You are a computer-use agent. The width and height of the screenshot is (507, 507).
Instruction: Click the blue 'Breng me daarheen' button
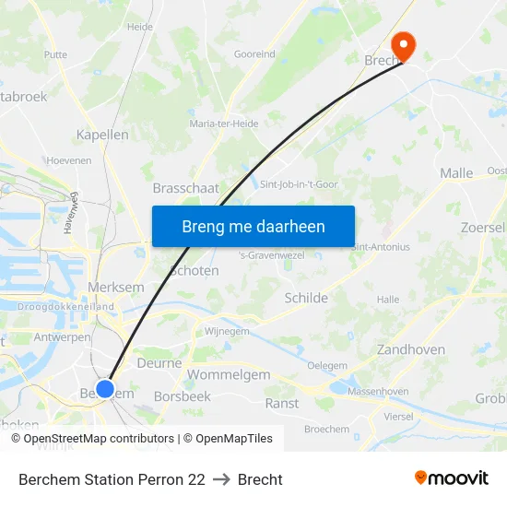coord(253,226)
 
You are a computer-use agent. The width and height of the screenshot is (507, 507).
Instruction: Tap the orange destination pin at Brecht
coord(404,45)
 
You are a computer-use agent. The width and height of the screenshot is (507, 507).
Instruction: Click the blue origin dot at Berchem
coord(105,389)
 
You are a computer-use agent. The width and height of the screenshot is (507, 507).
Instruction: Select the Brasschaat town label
coord(185,187)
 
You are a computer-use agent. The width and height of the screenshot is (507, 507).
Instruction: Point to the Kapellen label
coord(102,135)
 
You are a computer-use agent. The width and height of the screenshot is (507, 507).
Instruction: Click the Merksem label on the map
coord(115,288)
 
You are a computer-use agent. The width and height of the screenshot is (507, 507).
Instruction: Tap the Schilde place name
coord(306,298)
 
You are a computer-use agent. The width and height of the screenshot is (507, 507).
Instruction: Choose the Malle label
coord(456,172)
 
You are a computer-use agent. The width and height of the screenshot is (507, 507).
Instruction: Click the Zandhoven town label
coord(411,349)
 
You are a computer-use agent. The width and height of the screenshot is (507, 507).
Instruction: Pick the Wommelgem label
coord(229,375)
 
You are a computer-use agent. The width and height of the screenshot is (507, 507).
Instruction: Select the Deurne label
coord(159,363)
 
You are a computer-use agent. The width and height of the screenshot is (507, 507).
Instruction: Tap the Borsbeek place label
coord(183,396)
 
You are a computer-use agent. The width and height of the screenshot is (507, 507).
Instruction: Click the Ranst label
coord(282,403)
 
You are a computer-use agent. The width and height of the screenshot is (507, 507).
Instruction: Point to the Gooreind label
coord(254,54)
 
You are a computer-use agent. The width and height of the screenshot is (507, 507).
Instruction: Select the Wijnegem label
coord(227,331)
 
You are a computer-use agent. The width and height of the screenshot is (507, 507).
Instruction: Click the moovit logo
coord(452,478)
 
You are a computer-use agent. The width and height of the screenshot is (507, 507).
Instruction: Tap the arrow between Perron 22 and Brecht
coord(221,479)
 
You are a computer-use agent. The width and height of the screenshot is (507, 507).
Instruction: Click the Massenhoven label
coord(378,392)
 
